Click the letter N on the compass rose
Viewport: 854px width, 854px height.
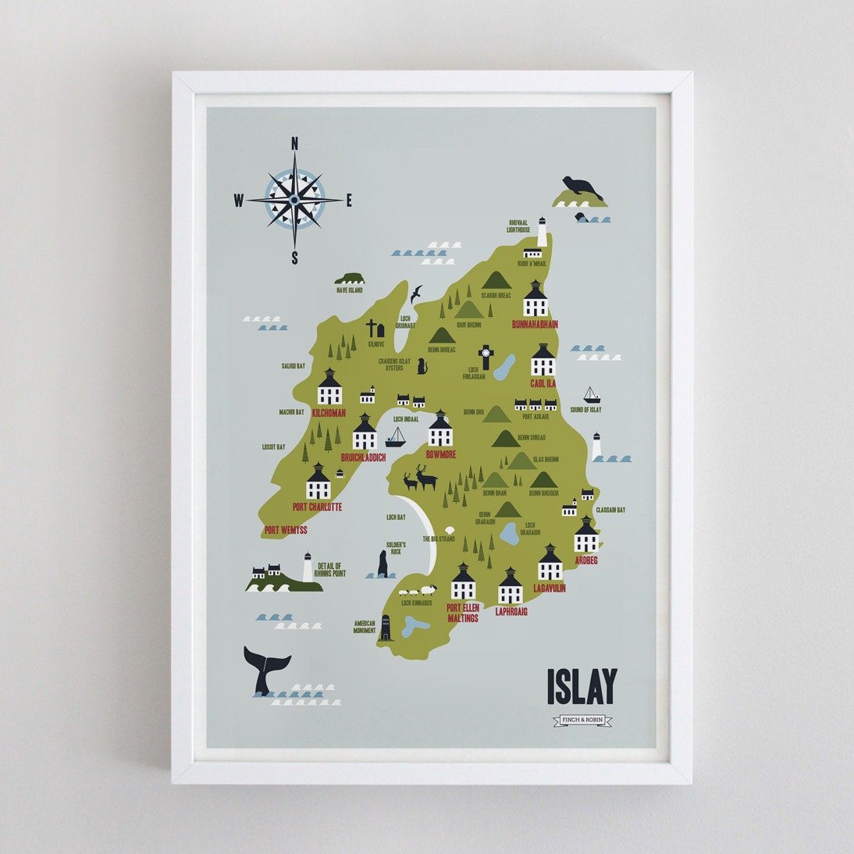tap(295, 143)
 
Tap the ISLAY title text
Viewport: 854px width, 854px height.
tap(582, 686)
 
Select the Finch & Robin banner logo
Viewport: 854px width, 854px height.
tap(582, 720)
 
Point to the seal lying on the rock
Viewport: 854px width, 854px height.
tap(582, 188)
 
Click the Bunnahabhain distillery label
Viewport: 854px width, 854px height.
tap(535, 324)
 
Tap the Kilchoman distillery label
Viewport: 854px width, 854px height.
tap(329, 413)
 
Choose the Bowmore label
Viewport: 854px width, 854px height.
tap(440, 454)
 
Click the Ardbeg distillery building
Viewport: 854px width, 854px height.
tap(586, 536)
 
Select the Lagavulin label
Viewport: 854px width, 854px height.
tap(550, 588)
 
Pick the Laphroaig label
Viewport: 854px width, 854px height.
tap(511, 611)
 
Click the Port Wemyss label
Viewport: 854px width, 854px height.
tap(286, 530)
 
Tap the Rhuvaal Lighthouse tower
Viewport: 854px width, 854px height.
tap(542, 233)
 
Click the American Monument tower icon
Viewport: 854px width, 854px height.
tap(385, 628)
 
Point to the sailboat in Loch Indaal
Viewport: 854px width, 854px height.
tap(396, 437)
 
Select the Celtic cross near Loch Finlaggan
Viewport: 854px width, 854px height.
tap(486, 357)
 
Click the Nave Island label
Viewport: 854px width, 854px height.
tap(350, 290)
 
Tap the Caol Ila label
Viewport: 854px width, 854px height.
tap(543, 384)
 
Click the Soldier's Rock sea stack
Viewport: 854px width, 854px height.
tap(383, 564)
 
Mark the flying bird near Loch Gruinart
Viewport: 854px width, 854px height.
tap(417, 294)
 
